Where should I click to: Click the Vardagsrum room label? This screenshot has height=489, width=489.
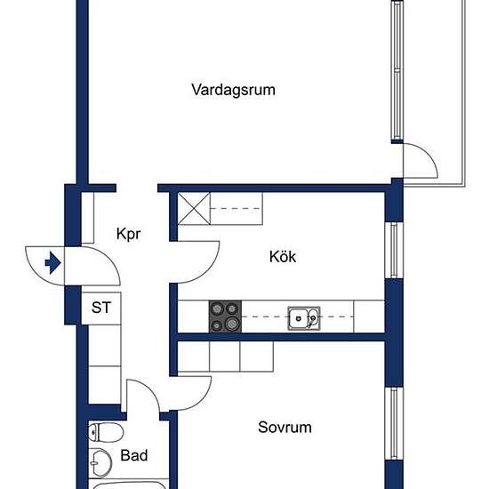233,90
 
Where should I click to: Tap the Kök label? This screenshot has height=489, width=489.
283,256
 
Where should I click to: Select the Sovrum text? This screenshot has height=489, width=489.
285,427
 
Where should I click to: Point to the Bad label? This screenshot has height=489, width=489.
134,455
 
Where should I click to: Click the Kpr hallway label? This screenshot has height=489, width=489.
129,234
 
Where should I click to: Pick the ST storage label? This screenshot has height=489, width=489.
101,308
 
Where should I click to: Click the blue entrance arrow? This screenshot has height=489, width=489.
52,263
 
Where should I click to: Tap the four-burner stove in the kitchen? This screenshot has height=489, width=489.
225,317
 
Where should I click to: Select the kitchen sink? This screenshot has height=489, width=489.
304,318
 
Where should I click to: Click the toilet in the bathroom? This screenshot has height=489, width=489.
106,432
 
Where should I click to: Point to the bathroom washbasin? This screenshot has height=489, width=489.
100,463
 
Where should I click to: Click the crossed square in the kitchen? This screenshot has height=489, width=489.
194,209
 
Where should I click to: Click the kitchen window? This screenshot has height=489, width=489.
394,250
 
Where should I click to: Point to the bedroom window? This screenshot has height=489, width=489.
394,423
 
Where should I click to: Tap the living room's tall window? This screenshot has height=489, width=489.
397,69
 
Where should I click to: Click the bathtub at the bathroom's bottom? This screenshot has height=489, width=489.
129,485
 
